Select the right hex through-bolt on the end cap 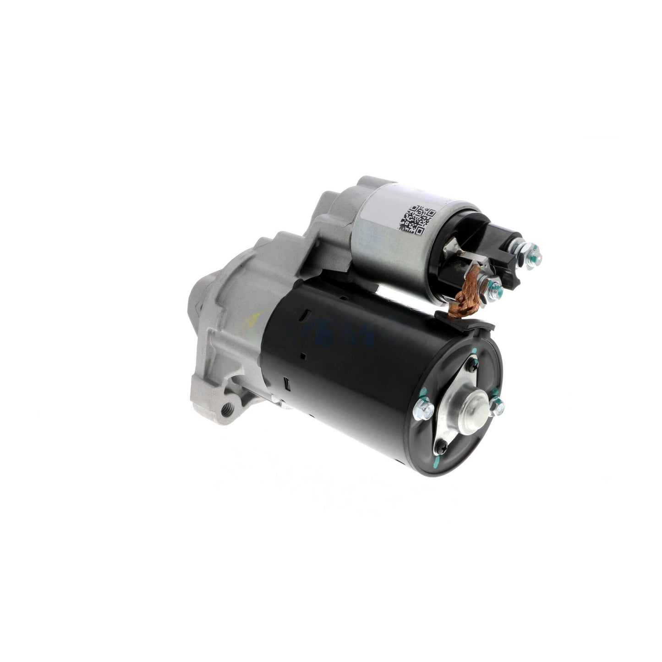[497, 405]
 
